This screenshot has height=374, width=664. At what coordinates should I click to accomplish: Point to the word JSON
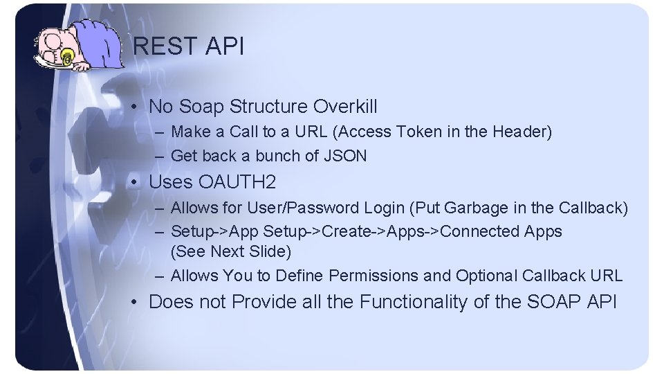(x=345, y=157)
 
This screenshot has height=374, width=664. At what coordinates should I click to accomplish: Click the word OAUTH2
(x=237, y=183)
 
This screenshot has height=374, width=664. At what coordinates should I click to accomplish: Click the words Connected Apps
(x=501, y=231)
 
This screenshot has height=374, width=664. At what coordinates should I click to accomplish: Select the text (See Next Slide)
(x=231, y=251)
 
